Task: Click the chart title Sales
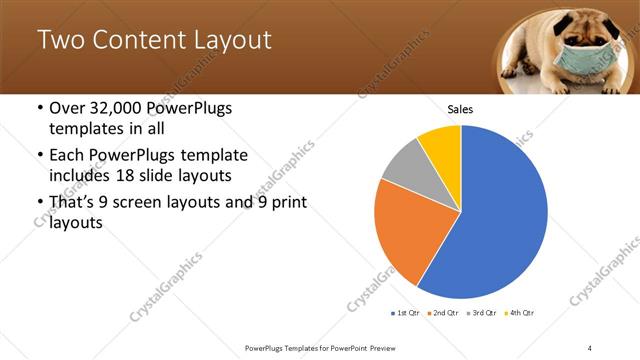[x=460, y=110]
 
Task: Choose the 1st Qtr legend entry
[x=407, y=312]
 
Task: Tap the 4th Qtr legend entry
[x=519, y=312]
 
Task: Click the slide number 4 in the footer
[x=590, y=347]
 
